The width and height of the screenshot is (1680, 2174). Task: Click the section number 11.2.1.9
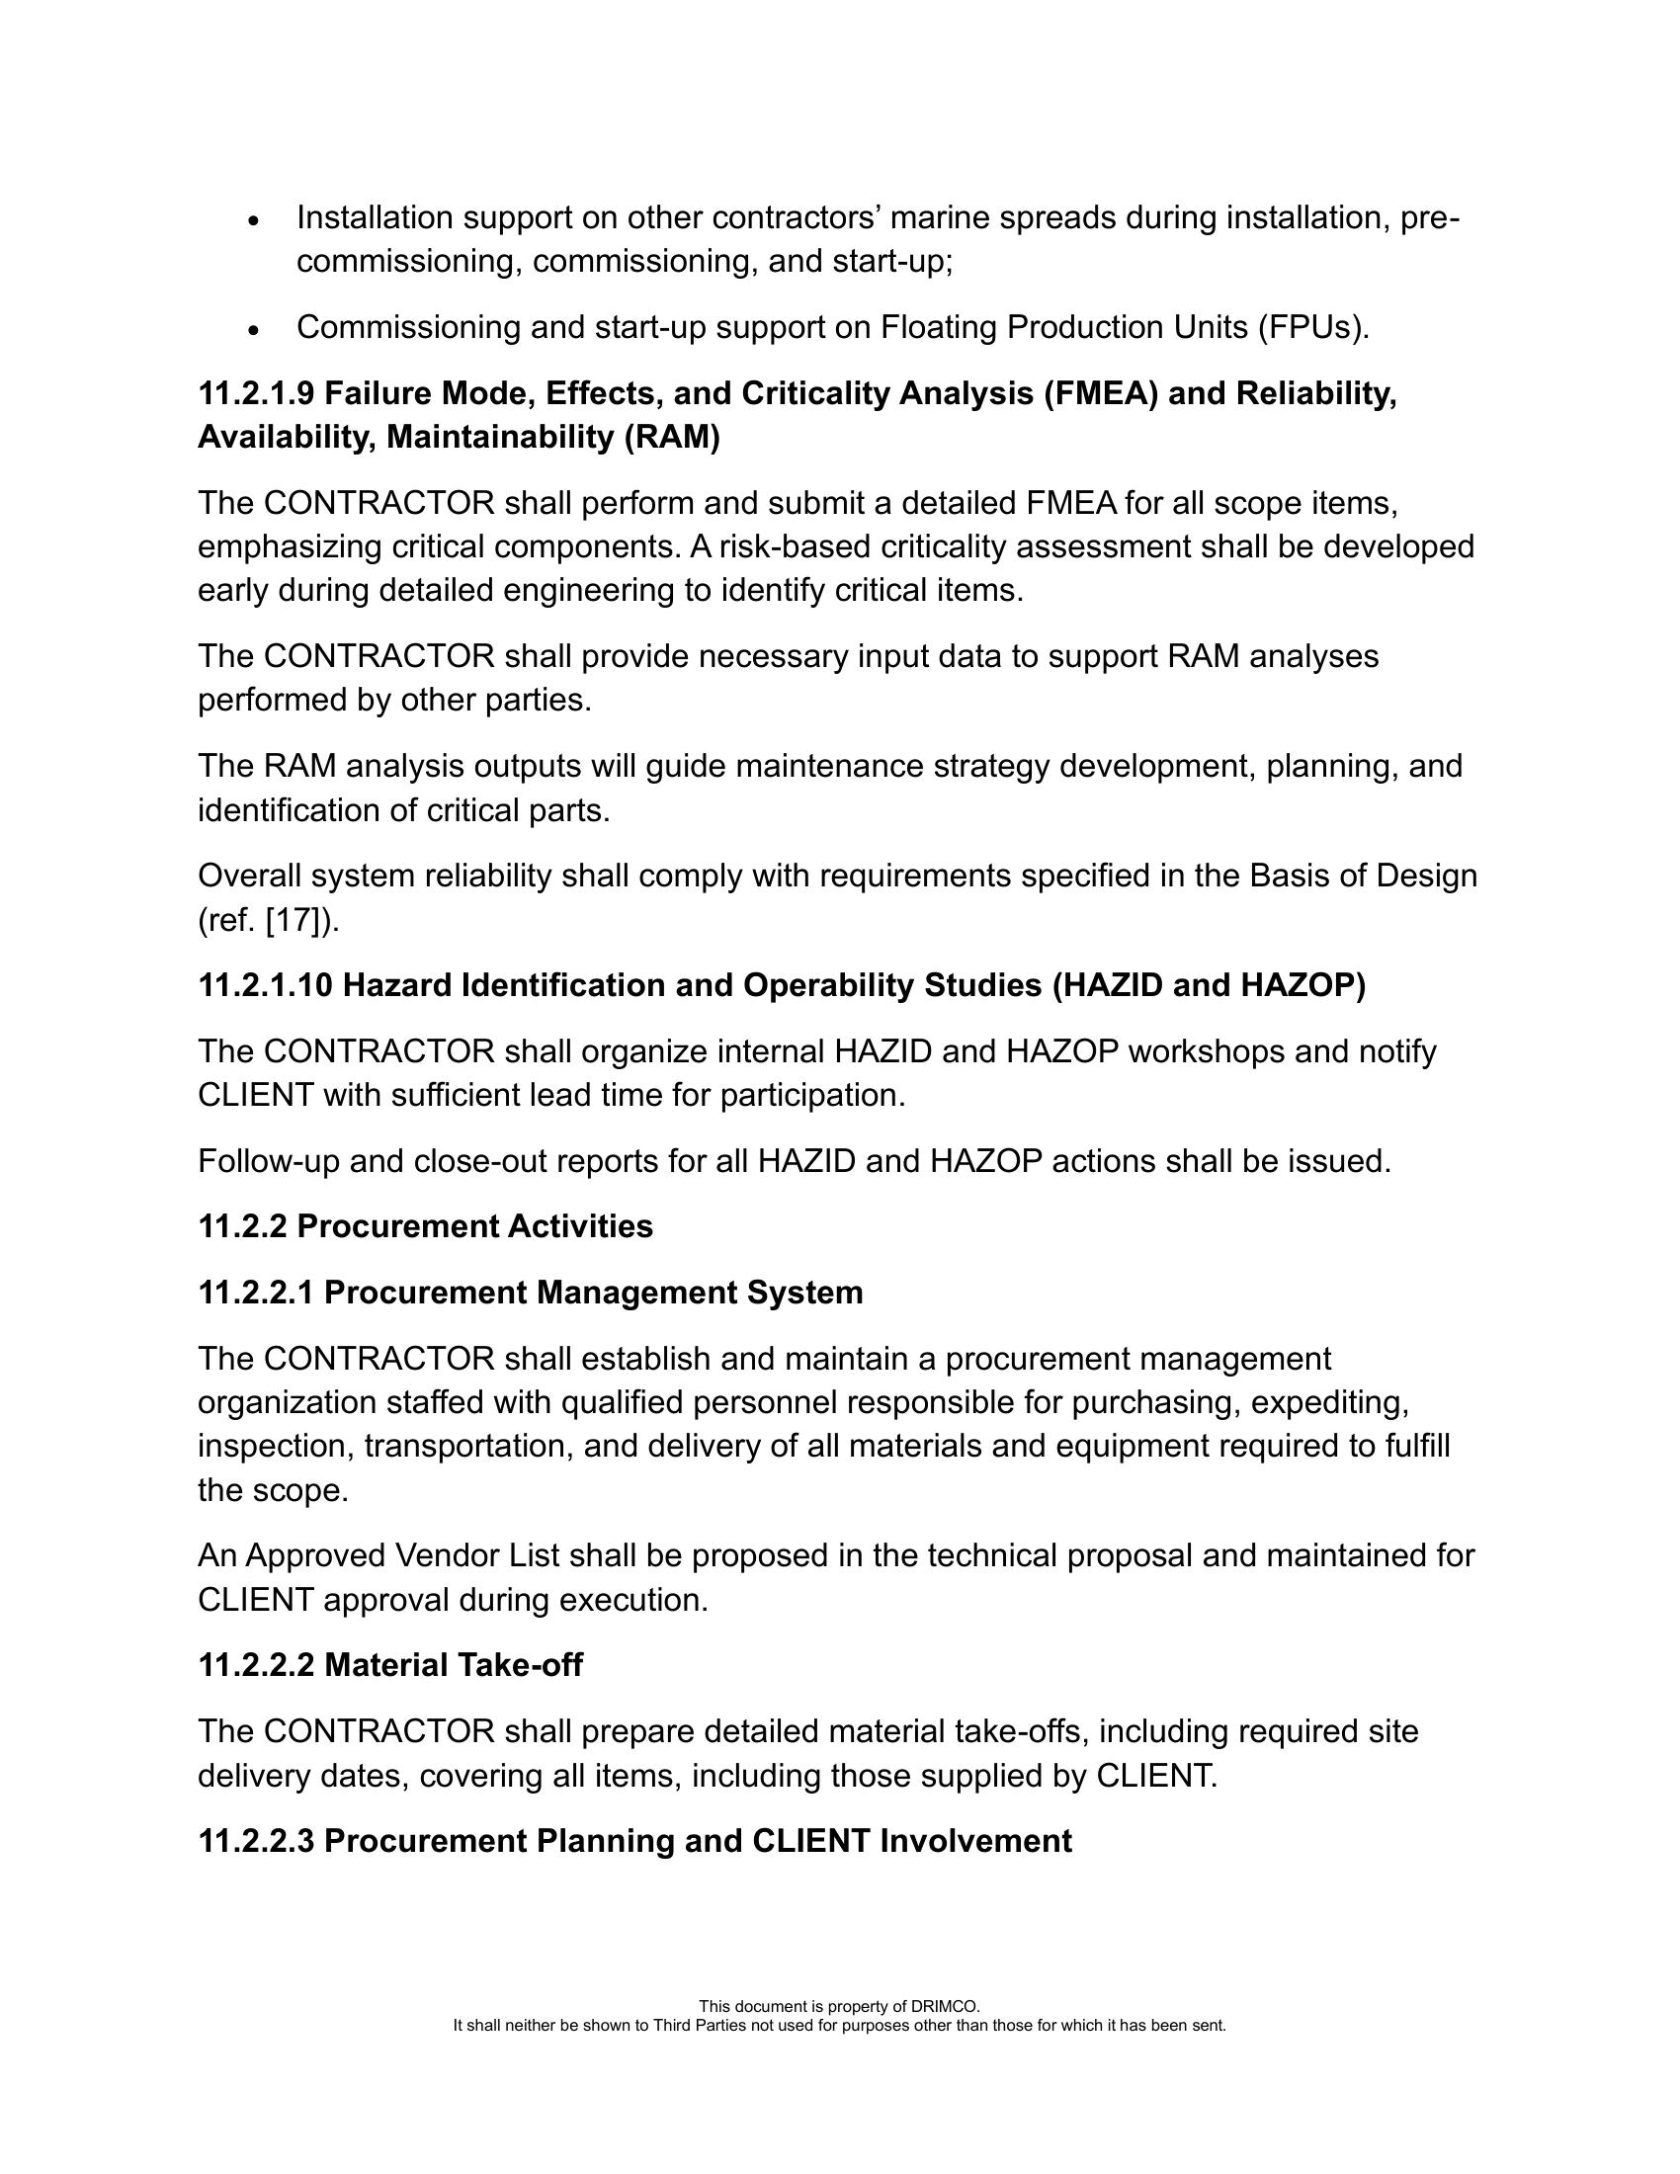tap(256, 394)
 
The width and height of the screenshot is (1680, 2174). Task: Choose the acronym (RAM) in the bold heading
tap(672, 438)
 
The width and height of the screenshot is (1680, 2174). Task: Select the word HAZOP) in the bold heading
tap(1303, 985)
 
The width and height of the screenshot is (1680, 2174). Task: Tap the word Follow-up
tap(269, 1162)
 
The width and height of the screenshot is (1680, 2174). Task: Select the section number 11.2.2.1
tap(256, 1294)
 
